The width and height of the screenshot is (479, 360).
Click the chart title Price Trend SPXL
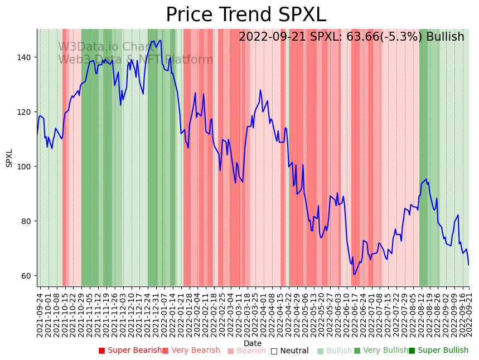[x=246, y=15]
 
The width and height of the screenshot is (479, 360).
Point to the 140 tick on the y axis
[x=26, y=57]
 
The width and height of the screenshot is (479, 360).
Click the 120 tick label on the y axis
[x=26, y=112]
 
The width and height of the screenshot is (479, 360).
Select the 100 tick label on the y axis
[x=26, y=167]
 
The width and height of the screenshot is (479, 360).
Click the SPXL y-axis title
[x=9, y=158]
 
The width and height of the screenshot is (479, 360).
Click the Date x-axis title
[x=253, y=343]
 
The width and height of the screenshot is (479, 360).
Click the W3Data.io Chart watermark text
[x=106, y=47]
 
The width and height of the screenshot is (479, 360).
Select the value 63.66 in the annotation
[x=355, y=37]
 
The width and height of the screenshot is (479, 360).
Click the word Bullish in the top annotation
[x=445, y=37]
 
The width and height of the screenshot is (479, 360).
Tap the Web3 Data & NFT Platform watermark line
[x=136, y=60]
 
